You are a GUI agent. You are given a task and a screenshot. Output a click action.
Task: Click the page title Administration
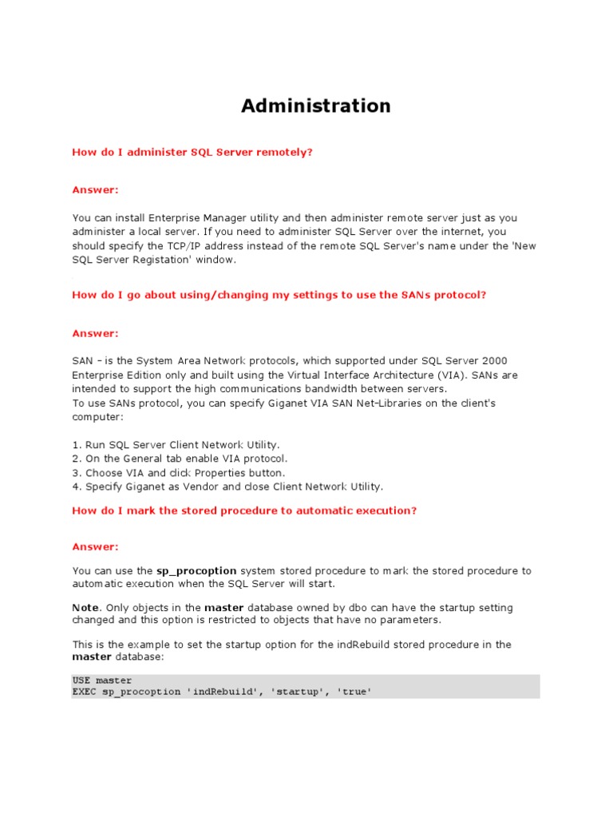click(x=316, y=105)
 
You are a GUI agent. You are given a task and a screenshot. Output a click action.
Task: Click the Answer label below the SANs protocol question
click(x=95, y=333)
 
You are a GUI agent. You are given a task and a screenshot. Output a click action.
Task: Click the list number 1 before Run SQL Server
click(x=77, y=444)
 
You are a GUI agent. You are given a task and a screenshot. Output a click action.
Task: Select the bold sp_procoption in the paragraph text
click(x=196, y=571)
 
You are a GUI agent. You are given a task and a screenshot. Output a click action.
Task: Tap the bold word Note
click(x=85, y=608)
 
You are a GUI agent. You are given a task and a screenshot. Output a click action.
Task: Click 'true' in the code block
click(x=355, y=692)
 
